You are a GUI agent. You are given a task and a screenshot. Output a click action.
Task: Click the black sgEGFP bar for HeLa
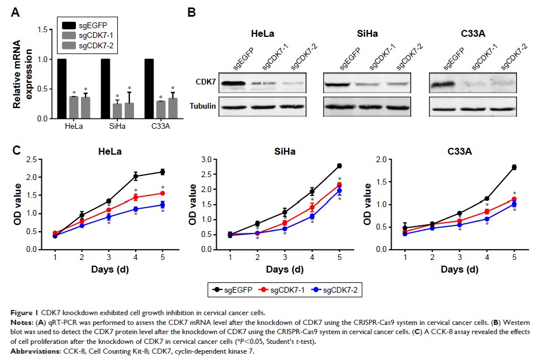(x=62, y=89)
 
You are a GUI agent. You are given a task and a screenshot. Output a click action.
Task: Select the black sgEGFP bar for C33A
(x=149, y=89)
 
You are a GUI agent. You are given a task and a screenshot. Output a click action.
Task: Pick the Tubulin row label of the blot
(x=204, y=106)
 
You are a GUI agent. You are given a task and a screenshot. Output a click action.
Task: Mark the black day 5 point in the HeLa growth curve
(x=163, y=171)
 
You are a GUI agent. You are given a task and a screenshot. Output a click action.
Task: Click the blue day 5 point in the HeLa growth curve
(x=163, y=205)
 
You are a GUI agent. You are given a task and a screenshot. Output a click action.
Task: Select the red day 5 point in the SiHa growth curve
(x=339, y=185)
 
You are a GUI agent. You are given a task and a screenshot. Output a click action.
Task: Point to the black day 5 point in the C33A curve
(x=514, y=167)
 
